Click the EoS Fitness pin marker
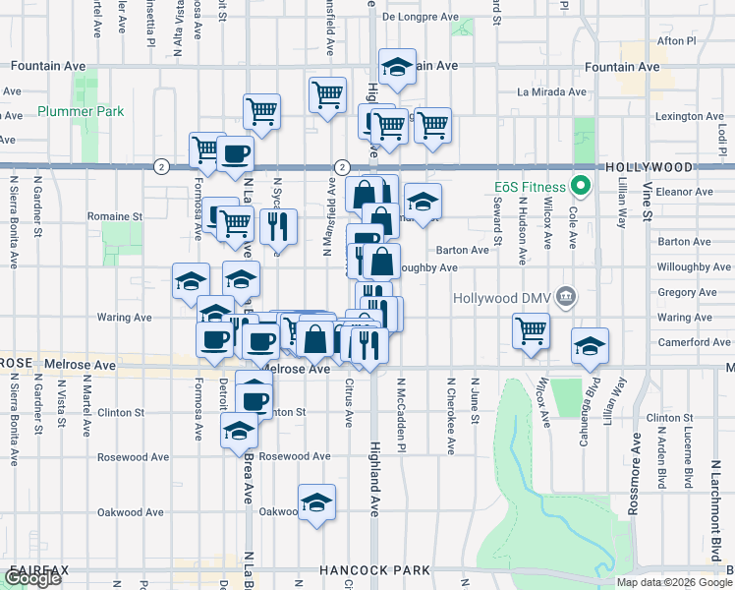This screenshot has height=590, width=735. (581, 185)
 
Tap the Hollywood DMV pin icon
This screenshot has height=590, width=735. (565, 297)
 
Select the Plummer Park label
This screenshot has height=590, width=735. (82, 111)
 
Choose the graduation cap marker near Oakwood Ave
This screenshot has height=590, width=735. (316, 503)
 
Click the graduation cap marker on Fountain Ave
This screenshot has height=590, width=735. (397, 68)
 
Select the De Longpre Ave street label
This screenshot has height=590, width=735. (421, 17)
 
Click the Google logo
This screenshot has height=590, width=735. (33, 578)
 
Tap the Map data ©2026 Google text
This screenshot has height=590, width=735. (674, 582)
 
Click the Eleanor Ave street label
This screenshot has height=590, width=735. (685, 191)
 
